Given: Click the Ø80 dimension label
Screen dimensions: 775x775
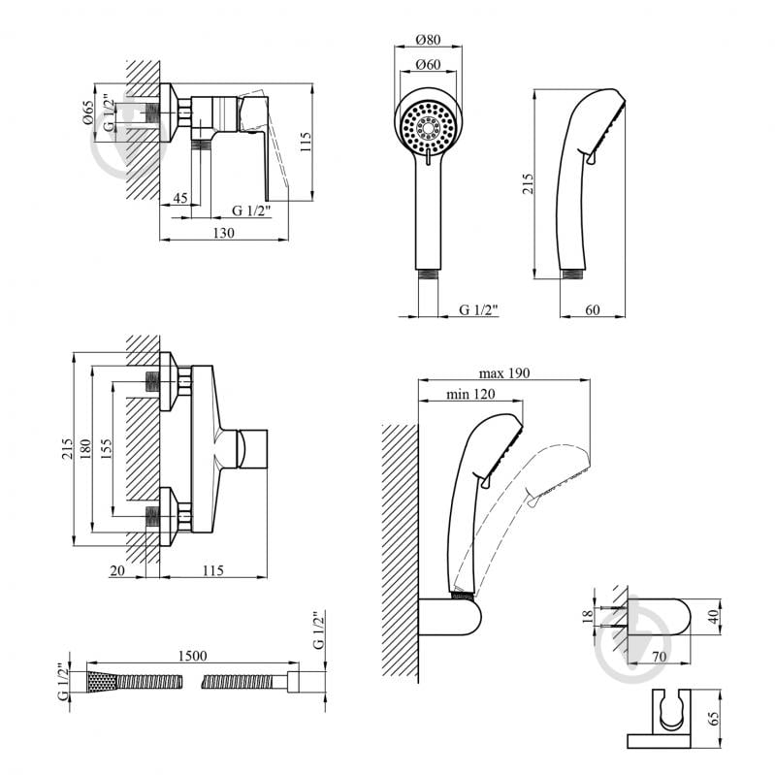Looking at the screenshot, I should pos(428,40).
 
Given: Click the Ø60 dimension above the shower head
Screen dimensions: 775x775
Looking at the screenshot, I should pos(428,65).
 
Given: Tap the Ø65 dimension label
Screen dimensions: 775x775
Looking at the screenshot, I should pos(87,115).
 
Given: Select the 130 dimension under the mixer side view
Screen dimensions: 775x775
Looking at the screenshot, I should pos(224,233).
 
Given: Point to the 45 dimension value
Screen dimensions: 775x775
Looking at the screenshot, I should pos(179,199).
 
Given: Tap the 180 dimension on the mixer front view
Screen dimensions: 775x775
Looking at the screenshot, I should pos(85,449).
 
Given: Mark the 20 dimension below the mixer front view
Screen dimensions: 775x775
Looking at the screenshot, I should pos(116,571).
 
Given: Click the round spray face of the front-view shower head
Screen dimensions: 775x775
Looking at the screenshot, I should pos(429,126).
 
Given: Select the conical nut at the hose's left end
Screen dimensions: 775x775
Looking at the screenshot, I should pos(102,679).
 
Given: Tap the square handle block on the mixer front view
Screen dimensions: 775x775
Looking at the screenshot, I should pos(253,450).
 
